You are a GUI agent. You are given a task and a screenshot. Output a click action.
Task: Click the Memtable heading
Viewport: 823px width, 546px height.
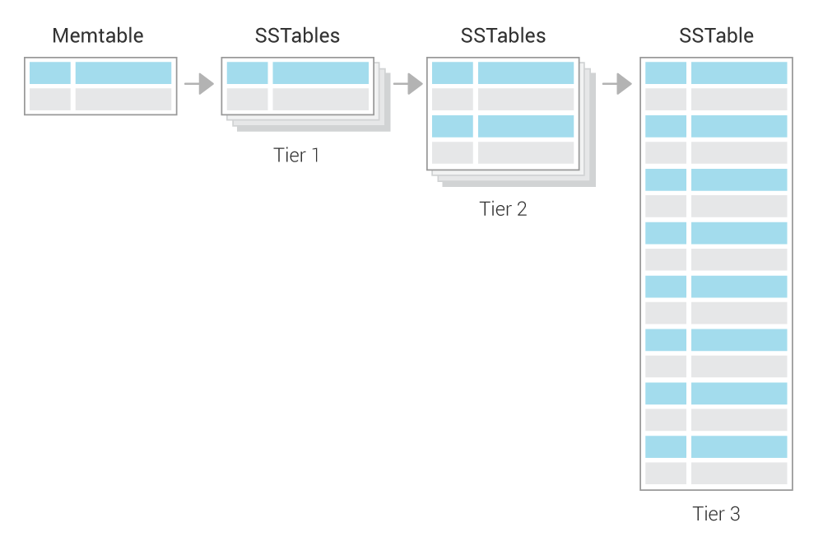(98, 36)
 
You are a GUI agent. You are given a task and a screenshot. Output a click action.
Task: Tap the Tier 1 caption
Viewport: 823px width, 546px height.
(296, 154)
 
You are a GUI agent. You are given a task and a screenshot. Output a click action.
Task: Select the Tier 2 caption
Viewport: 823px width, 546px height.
(503, 208)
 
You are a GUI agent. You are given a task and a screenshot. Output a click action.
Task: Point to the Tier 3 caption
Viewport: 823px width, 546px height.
(716, 514)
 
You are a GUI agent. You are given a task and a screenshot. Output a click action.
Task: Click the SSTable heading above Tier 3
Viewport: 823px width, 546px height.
(716, 36)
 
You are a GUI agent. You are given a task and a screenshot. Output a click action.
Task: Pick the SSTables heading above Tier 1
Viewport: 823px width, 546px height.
(297, 36)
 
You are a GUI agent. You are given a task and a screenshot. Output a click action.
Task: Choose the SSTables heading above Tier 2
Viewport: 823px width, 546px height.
(503, 36)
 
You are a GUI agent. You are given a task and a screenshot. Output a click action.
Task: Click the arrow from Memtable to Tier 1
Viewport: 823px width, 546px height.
(198, 84)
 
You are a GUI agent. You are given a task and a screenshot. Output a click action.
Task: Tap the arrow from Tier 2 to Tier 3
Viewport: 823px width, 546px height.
(616, 84)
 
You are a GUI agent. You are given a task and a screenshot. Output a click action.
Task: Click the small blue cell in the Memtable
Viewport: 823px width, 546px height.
(49, 73)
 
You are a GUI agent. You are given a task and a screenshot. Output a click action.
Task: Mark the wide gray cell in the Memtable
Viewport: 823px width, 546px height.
(123, 100)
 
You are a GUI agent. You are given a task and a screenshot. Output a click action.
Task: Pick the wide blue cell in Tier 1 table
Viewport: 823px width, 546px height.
(320, 73)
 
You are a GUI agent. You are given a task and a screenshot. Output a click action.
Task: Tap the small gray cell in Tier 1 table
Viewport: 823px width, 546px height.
(247, 100)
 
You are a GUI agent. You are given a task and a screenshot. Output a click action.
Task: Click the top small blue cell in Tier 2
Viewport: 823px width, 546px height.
(452, 73)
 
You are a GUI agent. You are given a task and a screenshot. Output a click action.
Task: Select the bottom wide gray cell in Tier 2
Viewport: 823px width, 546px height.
(525, 152)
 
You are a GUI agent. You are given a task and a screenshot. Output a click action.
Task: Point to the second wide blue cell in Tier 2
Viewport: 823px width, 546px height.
(525, 126)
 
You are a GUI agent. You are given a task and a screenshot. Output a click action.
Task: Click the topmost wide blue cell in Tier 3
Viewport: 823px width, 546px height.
(739, 73)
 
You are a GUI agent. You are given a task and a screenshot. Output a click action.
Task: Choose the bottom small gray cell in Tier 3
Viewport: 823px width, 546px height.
(665, 473)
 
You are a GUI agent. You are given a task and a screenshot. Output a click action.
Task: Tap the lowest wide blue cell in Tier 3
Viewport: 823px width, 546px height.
(739, 446)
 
